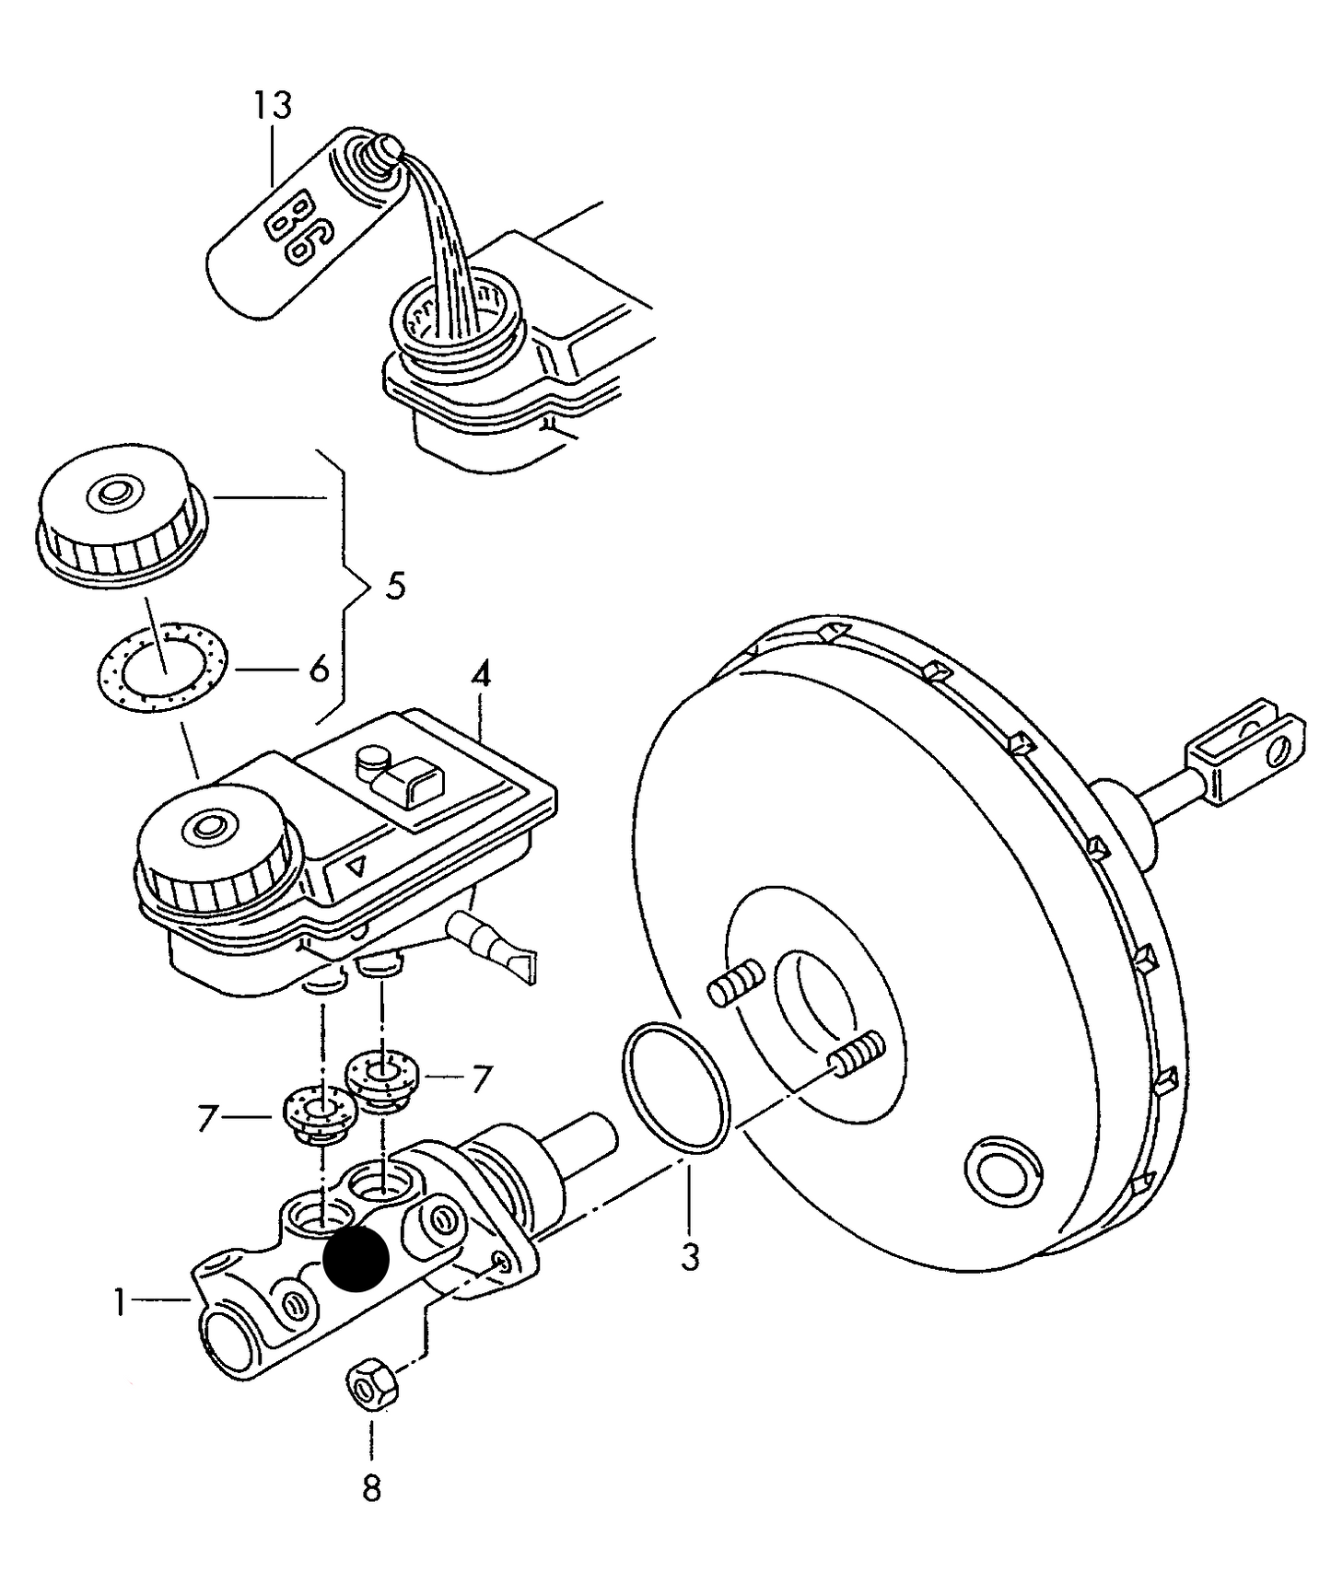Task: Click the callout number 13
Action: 273,105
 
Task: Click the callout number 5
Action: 395,586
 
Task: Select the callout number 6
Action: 319,670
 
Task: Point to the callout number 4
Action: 481,677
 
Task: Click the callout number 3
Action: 691,1255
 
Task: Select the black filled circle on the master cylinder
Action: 356,1259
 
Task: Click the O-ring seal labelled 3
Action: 676,1087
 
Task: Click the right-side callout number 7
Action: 481,1078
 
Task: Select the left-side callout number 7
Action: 207,1118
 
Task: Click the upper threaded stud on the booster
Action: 736,983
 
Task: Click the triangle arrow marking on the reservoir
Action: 358,867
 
